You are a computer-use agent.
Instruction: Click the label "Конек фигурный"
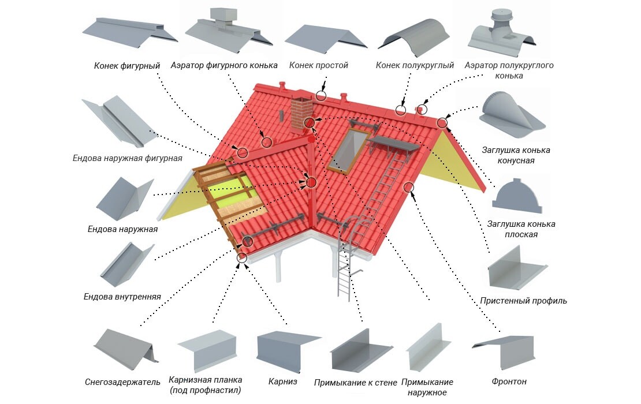(x=126, y=66)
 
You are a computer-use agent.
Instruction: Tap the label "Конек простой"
(x=318, y=66)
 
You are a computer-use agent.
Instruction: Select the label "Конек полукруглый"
(x=415, y=66)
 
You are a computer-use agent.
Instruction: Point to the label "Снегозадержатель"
(x=122, y=382)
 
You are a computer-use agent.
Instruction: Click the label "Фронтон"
(x=509, y=381)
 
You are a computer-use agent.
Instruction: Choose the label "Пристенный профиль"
(x=523, y=301)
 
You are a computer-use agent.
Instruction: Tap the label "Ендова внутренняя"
(x=122, y=297)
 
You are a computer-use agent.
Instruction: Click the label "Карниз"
(x=283, y=381)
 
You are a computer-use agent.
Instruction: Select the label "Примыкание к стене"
(x=356, y=382)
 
